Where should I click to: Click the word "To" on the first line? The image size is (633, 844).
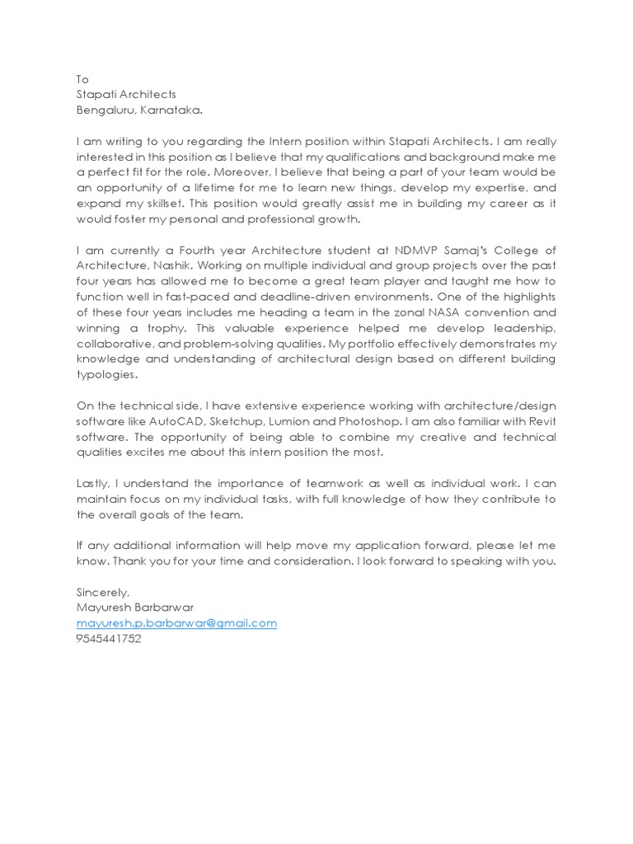click(x=82, y=79)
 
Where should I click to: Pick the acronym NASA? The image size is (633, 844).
click(x=443, y=312)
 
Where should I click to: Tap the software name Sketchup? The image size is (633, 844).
click(x=237, y=422)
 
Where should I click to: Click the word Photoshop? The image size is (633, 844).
click(x=368, y=422)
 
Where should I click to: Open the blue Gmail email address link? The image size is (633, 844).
click(x=176, y=623)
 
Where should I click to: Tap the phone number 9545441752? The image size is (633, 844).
click(x=109, y=639)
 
